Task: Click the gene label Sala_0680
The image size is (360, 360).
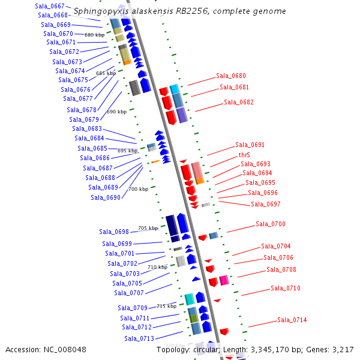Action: [x=231, y=76]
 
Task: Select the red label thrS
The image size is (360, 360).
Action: [x=244, y=155]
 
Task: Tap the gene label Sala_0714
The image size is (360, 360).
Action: [x=292, y=320]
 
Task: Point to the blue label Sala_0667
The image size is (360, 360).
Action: [x=50, y=6]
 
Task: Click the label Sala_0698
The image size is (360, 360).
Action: [x=114, y=232]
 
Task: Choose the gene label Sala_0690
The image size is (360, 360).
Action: [x=106, y=197]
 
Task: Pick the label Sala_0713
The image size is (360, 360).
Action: [x=139, y=338]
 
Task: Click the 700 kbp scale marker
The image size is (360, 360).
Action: [x=138, y=189]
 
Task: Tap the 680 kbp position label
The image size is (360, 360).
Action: [x=94, y=35]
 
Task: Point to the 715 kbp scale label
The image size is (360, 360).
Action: [x=167, y=306]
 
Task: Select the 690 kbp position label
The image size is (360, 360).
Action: [x=116, y=112]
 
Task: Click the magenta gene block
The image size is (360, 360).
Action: [x=224, y=280]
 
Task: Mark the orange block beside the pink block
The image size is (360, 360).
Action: [x=200, y=181]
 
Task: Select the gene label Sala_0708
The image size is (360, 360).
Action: [x=281, y=270]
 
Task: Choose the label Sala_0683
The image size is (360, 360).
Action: [x=87, y=128]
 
